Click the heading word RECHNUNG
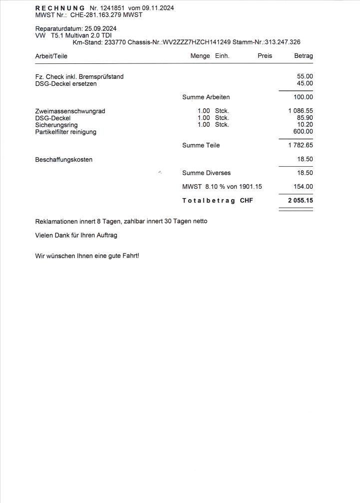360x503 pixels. coord(60,8)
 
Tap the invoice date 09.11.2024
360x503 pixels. coord(158,8)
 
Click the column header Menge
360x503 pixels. coord(200,56)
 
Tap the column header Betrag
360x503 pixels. coord(304,56)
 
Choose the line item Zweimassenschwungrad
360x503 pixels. coord(70,111)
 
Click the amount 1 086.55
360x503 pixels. coord(301,111)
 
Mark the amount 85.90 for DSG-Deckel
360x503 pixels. coord(305,118)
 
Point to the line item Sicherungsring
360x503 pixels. coord(56,125)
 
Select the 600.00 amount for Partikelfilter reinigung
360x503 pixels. coord(303,132)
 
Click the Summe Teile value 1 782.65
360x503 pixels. coord(301,145)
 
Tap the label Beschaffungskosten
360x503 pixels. coord(63,160)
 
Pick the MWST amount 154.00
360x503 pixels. coord(303,187)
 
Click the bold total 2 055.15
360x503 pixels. coord(300,200)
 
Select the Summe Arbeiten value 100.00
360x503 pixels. coord(303,97)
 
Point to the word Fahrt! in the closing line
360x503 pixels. coord(130,256)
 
